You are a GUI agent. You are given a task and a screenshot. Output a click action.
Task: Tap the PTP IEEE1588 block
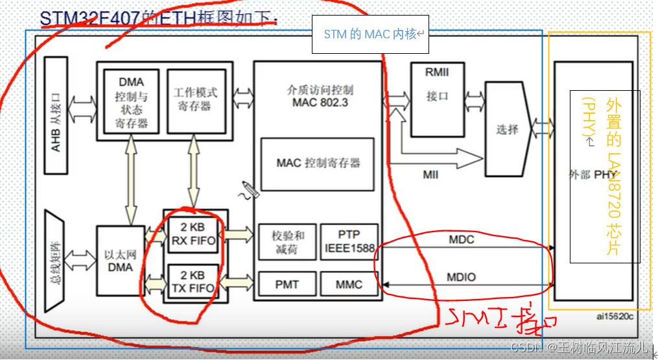click(x=348, y=242)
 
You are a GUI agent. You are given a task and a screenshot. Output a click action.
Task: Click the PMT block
click(x=286, y=284)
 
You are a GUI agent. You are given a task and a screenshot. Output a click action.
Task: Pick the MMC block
click(x=348, y=284)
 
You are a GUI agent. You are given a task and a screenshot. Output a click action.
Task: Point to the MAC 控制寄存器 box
click(x=317, y=163)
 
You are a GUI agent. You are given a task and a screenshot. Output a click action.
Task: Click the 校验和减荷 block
click(x=286, y=242)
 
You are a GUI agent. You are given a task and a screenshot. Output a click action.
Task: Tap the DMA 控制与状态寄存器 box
click(x=132, y=102)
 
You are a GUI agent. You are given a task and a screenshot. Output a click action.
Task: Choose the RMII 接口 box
click(x=438, y=99)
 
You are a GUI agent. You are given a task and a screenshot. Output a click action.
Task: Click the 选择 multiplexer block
click(x=508, y=129)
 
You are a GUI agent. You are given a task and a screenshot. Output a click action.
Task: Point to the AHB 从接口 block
click(x=56, y=116)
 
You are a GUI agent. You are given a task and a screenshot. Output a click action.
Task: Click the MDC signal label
click(x=461, y=239)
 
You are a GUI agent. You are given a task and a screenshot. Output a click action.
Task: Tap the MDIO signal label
click(x=462, y=277)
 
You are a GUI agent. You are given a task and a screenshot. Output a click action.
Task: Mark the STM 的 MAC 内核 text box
click(x=370, y=34)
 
